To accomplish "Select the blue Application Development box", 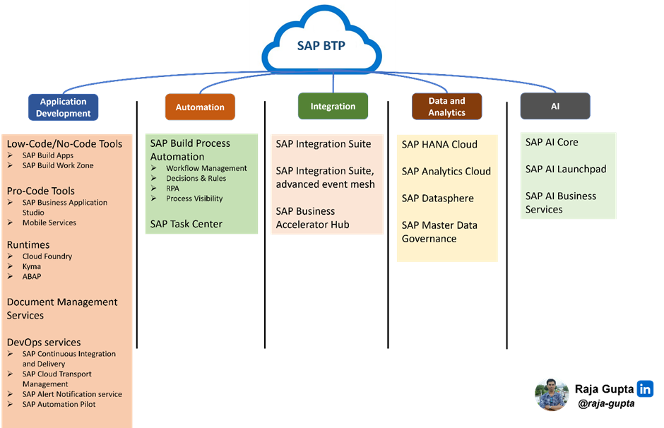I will pyautogui.click(x=64, y=107).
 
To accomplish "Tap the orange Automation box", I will pyautogui.click(x=200, y=107).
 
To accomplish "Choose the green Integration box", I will pyautogui.click(x=333, y=106).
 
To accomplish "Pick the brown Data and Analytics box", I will pyautogui.click(x=446, y=107).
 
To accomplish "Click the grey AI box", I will pyautogui.click(x=555, y=106).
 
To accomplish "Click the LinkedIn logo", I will pyautogui.click(x=645, y=388).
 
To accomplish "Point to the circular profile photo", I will pyautogui.click(x=552, y=394).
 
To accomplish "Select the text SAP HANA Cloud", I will pyautogui.click(x=439, y=144).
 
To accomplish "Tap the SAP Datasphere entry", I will pyautogui.click(x=437, y=198).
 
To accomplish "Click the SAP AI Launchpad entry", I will pyautogui.click(x=566, y=169).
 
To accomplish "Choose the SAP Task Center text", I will pyautogui.click(x=186, y=224).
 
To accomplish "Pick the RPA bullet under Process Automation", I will pyautogui.click(x=172, y=189).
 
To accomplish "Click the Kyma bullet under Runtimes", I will pyautogui.click(x=32, y=266).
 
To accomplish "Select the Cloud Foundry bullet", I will pyautogui.click(x=47, y=256).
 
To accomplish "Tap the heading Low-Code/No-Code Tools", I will pyautogui.click(x=64, y=143).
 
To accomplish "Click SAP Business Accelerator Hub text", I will pyautogui.click(x=312, y=218).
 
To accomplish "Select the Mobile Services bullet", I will pyautogui.click(x=49, y=222).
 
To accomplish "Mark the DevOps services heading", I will pyautogui.click(x=44, y=342).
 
